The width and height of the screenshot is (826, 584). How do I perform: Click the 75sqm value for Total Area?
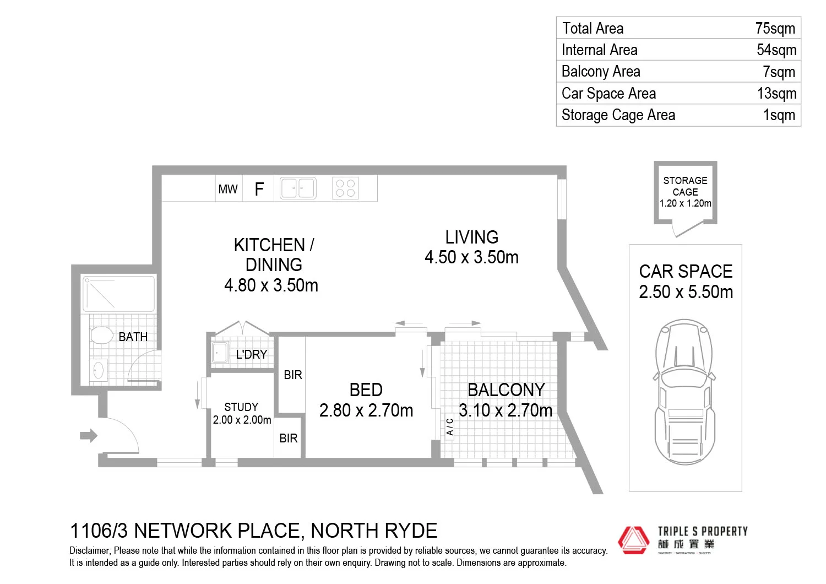click(x=775, y=29)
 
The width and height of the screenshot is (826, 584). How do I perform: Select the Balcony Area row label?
click(x=601, y=72)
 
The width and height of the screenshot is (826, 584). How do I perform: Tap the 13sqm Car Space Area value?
click(x=776, y=94)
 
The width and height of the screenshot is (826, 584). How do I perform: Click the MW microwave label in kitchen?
click(x=228, y=190)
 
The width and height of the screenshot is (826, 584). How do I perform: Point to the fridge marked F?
click(x=259, y=190)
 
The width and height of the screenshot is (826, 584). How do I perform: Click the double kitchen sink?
click(x=298, y=188)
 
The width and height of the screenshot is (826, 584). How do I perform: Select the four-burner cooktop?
click(x=345, y=188)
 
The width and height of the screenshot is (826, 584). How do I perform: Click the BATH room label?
click(x=133, y=337)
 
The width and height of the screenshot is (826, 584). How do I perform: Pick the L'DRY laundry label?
click(x=251, y=355)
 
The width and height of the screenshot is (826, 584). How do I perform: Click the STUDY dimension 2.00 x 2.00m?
click(x=242, y=420)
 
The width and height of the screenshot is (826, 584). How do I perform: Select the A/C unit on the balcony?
click(x=449, y=426)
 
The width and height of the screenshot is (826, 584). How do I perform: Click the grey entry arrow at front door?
click(x=88, y=436)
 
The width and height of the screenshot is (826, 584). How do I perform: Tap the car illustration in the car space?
click(x=684, y=391)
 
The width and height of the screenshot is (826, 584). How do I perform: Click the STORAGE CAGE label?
click(x=685, y=186)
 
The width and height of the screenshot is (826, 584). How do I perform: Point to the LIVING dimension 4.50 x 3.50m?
click(x=471, y=257)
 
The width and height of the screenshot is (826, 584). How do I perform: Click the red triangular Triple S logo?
click(x=633, y=539)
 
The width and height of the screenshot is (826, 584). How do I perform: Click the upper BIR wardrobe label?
click(x=292, y=375)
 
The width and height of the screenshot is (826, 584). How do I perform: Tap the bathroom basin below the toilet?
click(x=99, y=369)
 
